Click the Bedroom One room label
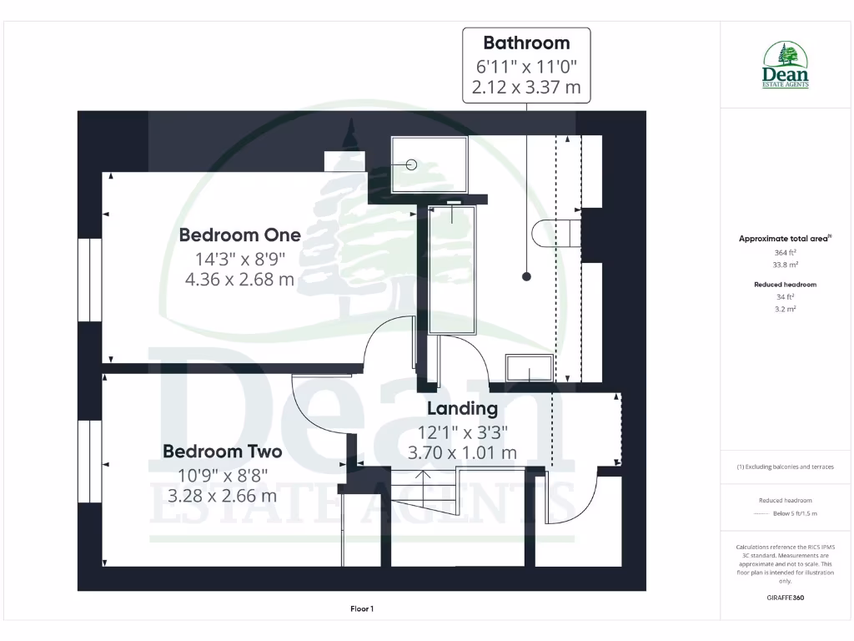[239, 235]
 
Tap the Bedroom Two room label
[222, 452]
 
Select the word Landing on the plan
[462, 408]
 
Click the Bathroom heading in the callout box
[526, 43]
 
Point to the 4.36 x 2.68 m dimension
[239, 280]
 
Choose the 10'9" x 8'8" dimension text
[222, 476]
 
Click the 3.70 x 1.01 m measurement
[462, 452]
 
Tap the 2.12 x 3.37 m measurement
[526, 87]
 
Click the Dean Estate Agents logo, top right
[786, 66]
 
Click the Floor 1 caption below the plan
[361, 609]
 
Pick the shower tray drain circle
[411, 164]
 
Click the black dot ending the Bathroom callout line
[526, 276]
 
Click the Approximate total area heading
[785, 239]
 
